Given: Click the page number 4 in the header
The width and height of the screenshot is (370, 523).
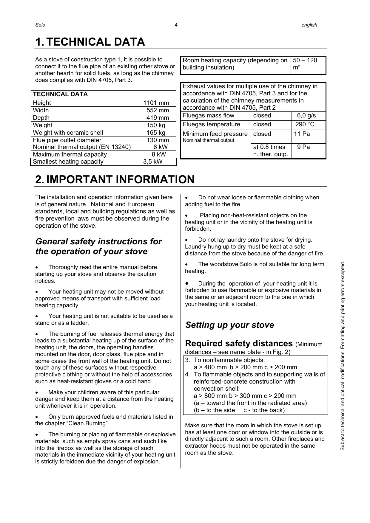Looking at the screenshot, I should pyautogui.click(x=176, y=25).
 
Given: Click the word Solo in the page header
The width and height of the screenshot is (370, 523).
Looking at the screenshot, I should pyautogui.click(x=40, y=25).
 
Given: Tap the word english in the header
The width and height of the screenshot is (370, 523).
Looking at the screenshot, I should pyautogui.click(x=309, y=25).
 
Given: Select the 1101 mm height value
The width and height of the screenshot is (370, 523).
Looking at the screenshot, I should pyautogui.click(x=156, y=103).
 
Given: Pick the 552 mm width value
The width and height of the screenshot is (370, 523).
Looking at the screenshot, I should pyautogui.click(x=158, y=110).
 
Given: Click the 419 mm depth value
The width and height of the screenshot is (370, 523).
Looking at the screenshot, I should pyautogui.click(x=158, y=118).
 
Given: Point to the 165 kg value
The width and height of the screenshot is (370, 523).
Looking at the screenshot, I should pyautogui.click(x=156, y=133).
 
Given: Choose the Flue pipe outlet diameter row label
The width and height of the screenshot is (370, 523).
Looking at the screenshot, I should pyautogui.click(x=67, y=140).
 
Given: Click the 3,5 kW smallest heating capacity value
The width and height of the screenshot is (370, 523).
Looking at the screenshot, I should pyautogui.click(x=153, y=162).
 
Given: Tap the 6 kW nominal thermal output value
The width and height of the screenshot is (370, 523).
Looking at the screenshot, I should pyautogui.click(x=161, y=147).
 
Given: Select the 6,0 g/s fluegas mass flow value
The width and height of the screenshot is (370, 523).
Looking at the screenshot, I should pyautogui.click(x=306, y=116).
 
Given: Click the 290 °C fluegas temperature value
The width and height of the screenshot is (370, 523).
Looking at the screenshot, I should pyautogui.click(x=305, y=125).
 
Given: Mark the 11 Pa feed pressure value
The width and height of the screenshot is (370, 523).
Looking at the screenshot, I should pyautogui.click(x=302, y=134).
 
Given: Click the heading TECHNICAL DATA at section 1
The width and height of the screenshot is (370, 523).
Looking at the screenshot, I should pyautogui.click(x=95, y=42).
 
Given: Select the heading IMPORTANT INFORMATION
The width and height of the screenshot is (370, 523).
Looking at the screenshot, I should pyautogui.click(x=120, y=180).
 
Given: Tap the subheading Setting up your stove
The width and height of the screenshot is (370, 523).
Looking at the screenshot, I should pyautogui.click(x=229, y=325).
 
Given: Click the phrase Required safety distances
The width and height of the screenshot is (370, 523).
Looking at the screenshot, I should pyautogui.click(x=239, y=344).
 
